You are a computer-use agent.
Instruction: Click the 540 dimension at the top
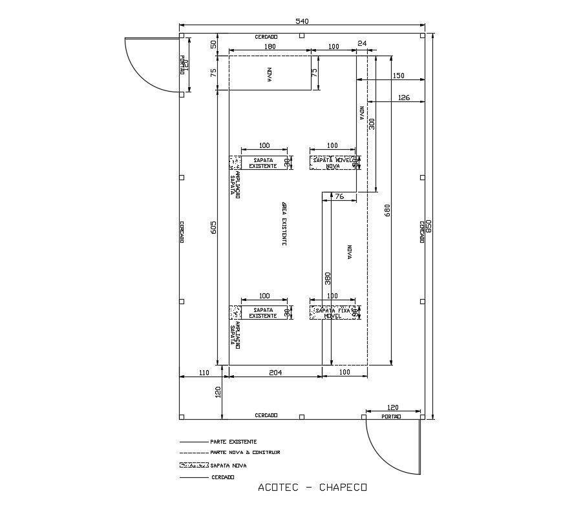(302, 21)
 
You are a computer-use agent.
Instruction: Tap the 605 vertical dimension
(214, 227)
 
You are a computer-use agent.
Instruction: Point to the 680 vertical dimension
(388, 210)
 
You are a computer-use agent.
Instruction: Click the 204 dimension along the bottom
(275, 372)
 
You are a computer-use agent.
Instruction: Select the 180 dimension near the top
(270, 46)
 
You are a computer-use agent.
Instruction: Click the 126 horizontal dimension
(404, 98)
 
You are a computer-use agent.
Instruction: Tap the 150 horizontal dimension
(398, 76)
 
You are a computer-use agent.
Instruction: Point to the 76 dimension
(339, 196)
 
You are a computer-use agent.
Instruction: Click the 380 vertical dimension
(328, 278)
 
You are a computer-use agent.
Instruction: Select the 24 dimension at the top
(362, 43)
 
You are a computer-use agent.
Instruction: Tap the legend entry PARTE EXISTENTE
(233, 442)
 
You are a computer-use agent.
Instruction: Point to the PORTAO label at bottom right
(391, 417)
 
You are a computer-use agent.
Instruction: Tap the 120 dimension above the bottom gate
(392, 407)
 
